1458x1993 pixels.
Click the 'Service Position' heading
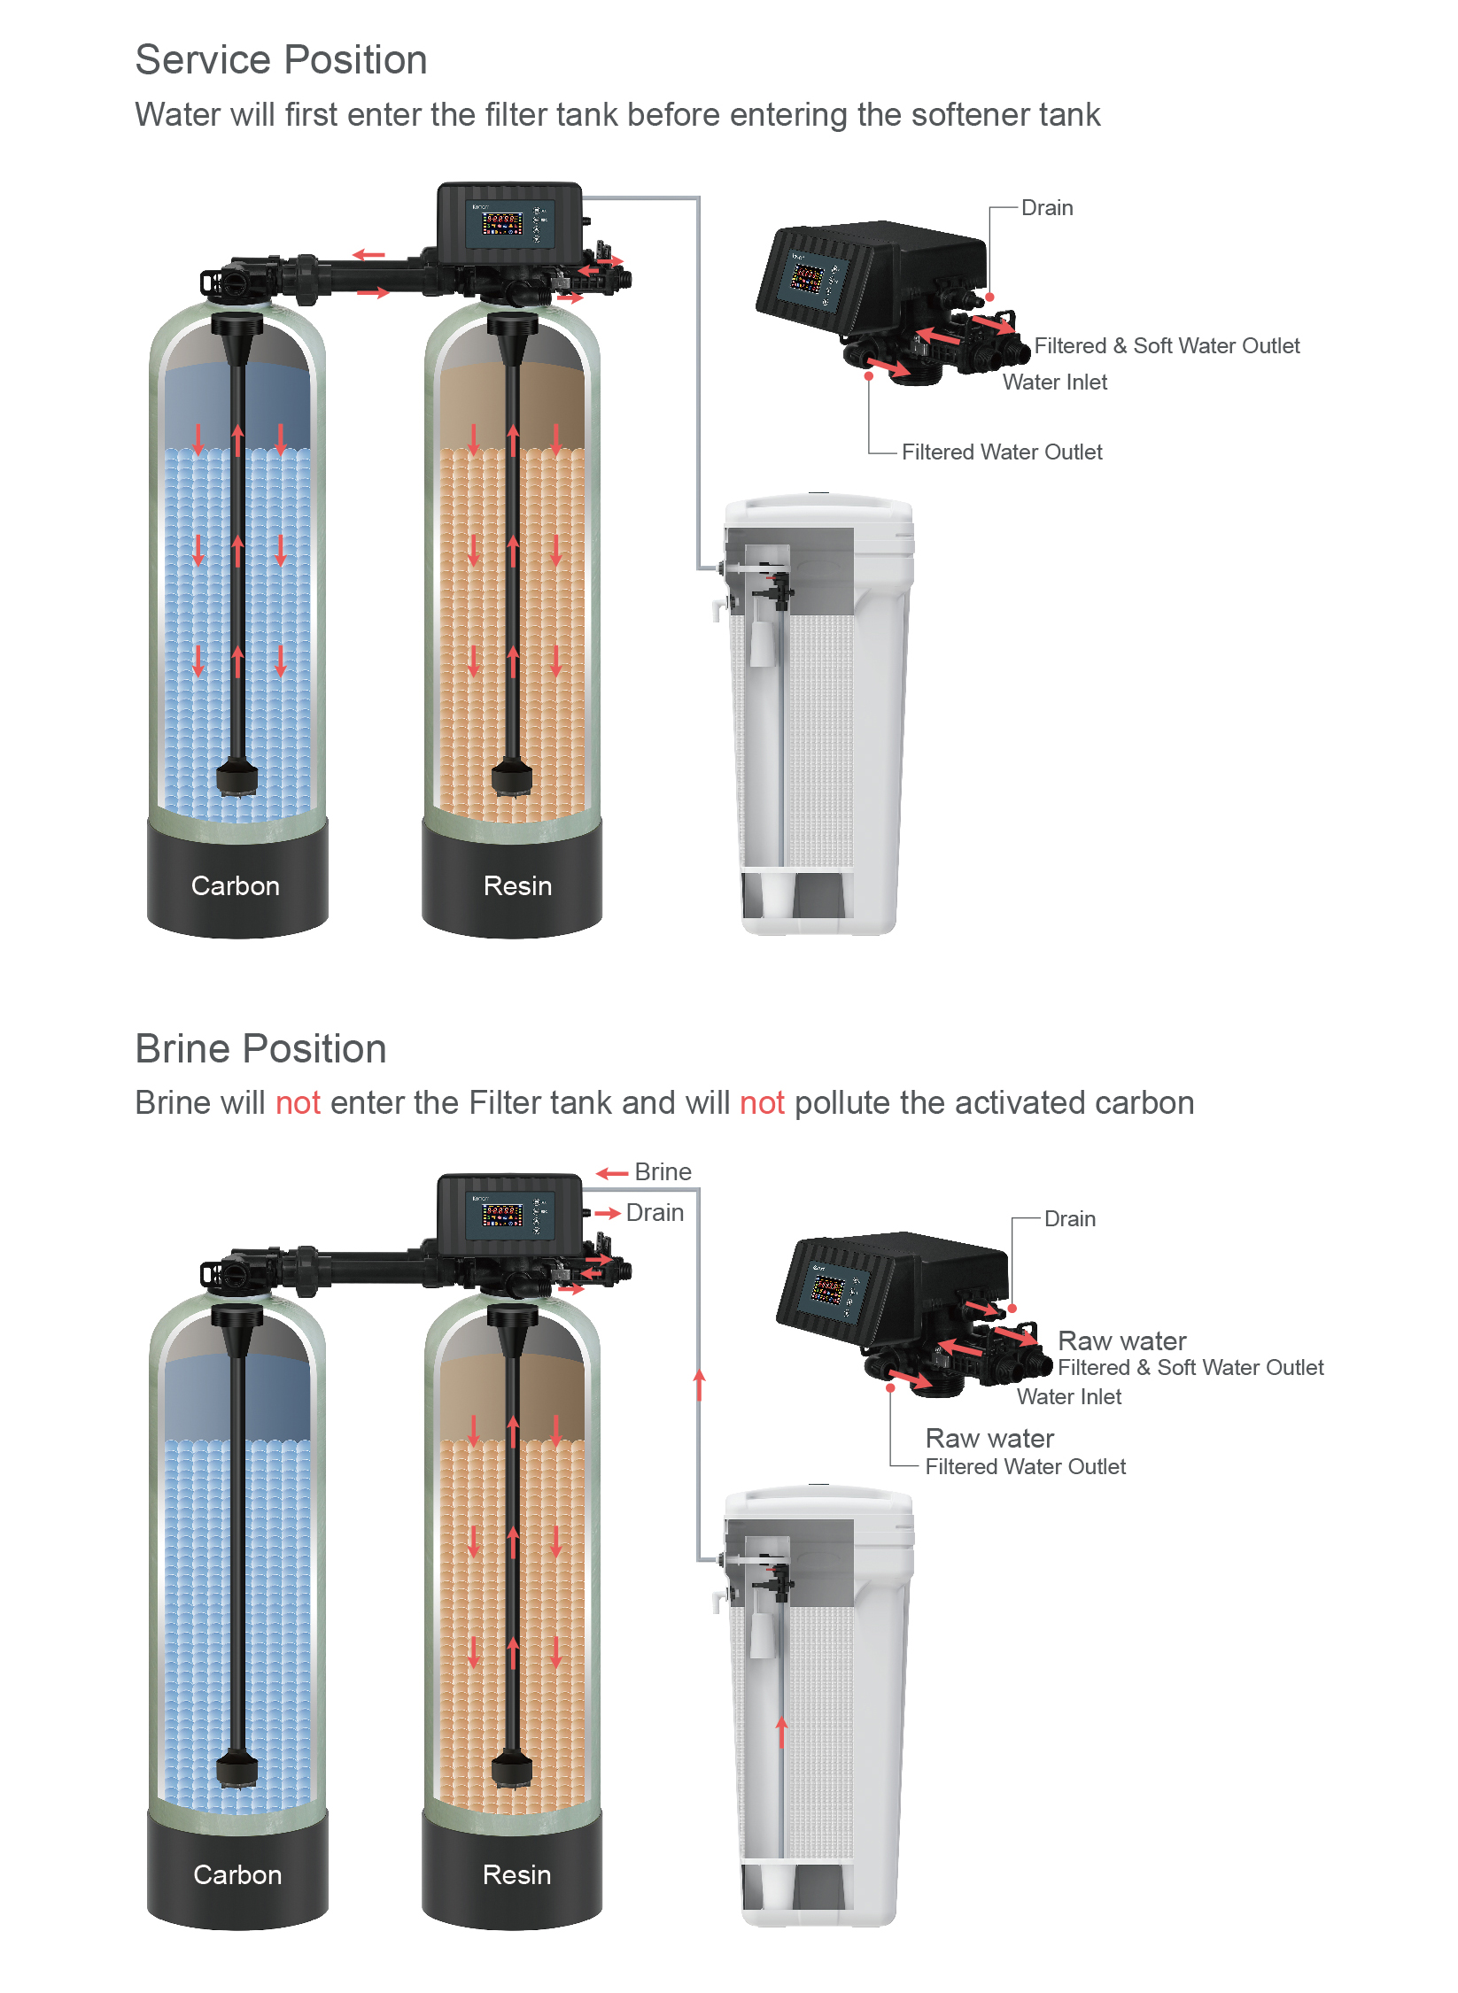point(281,60)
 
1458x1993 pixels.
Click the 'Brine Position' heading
point(260,1048)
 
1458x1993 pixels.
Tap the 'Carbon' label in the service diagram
point(236,885)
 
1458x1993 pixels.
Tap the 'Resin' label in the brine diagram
point(517,1874)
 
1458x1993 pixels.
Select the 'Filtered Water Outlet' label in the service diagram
point(1002,452)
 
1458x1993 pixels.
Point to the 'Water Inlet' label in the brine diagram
point(1069,1396)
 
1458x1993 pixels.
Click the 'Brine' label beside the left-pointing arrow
point(663,1171)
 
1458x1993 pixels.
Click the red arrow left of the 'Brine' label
point(612,1173)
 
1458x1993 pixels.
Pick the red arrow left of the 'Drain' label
point(607,1213)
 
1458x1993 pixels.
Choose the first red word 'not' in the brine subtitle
point(298,1103)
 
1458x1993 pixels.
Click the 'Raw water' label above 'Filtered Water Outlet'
point(989,1438)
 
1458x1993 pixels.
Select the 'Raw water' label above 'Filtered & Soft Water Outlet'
point(1122,1340)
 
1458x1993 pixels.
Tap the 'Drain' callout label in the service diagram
point(1047,207)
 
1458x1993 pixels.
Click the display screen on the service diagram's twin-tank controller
point(502,223)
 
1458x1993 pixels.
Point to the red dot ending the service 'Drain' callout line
point(990,297)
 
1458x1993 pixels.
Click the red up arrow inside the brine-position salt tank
point(781,1732)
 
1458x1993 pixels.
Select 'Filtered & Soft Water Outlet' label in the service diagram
point(1167,345)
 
